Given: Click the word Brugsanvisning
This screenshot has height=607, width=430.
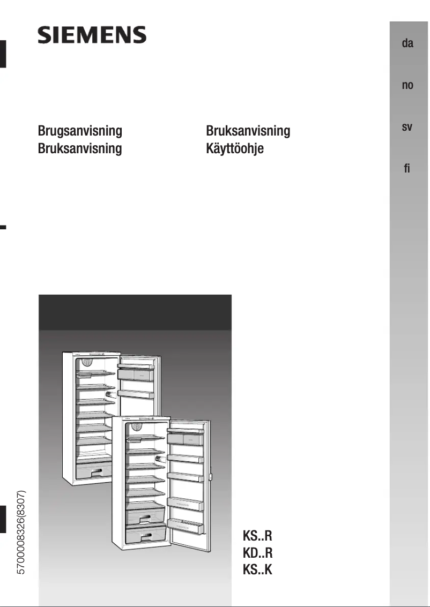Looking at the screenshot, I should [x=80, y=131].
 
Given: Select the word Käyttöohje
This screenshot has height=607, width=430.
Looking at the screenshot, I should [x=235, y=148].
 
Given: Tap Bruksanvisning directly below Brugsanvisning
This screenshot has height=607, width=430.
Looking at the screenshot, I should [x=80, y=148].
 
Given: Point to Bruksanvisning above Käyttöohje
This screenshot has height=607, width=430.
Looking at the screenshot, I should [x=248, y=131].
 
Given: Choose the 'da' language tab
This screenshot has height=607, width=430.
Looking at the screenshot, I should [x=407, y=43].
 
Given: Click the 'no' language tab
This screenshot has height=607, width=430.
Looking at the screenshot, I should [x=407, y=85].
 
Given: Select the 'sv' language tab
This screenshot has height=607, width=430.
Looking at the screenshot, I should [x=407, y=128].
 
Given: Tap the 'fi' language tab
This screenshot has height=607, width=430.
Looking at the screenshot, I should [x=407, y=169].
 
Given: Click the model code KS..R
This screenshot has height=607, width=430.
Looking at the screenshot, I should [x=258, y=535].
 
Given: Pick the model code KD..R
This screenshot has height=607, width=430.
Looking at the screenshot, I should [x=258, y=552].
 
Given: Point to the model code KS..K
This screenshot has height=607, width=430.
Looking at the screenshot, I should [x=258, y=569].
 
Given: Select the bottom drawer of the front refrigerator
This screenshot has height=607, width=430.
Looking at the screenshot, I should [x=145, y=535].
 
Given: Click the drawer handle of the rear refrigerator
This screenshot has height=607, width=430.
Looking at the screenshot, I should [x=97, y=472].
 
